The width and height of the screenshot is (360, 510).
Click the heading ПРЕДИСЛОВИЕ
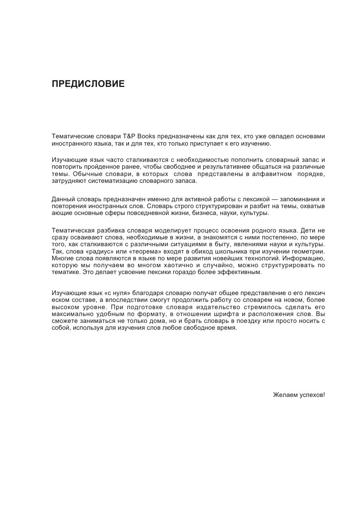coord(88,84)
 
